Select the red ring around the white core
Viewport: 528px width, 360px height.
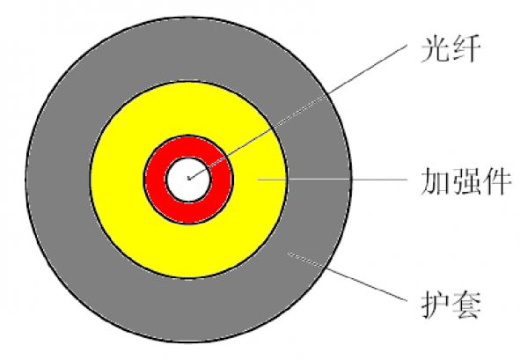click(x=155, y=180)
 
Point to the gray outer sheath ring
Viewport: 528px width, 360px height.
click(x=57, y=180)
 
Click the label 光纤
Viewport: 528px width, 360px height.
click(x=451, y=49)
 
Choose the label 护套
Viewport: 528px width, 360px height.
click(x=451, y=305)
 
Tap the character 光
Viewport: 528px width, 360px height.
click(x=436, y=49)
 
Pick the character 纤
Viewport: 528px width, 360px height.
click(x=466, y=49)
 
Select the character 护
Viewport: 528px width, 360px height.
click(x=436, y=305)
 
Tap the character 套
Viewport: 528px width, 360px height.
click(x=466, y=305)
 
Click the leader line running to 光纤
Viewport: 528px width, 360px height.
click(x=297, y=112)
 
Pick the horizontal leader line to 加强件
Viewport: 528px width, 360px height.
click(x=333, y=180)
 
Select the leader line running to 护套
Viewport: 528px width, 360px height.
click(x=347, y=276)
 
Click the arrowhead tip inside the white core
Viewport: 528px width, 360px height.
click(x=188, y=179)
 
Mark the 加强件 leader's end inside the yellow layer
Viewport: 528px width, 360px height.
click(x=259, y=180)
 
